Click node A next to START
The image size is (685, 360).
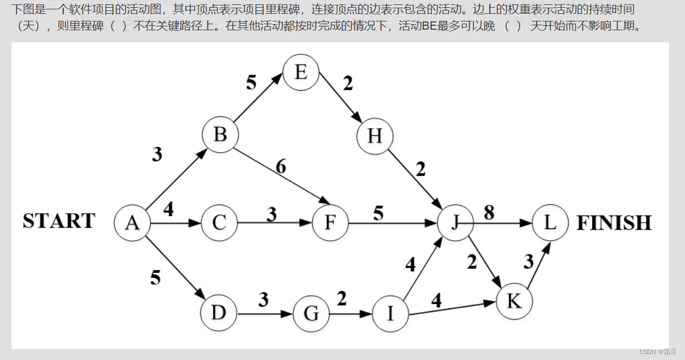(x=132, y=223)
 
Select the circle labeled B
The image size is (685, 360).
(x=220, y=134)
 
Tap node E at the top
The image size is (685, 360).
(x=301, y=72)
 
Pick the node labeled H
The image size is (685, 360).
(x=374, y=136)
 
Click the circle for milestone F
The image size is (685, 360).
(x=330, y=223)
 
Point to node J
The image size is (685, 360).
(x=455, y=223)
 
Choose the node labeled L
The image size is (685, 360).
(x=550, y=223)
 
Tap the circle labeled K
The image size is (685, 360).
(x=514, y=301)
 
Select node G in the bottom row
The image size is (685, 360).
(x=311, y=314)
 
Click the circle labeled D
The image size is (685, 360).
(x=219, y=313)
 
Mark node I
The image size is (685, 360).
(x=390, y=314)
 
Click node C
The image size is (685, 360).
(x=219, y=223)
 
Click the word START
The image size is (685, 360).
(x=59, y=221)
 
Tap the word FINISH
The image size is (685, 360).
(x=614, y=223)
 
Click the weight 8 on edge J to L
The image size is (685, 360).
(x=489, y=213)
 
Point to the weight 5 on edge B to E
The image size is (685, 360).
(x=251, y=82)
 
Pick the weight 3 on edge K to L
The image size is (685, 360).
(x=528, y=262)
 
